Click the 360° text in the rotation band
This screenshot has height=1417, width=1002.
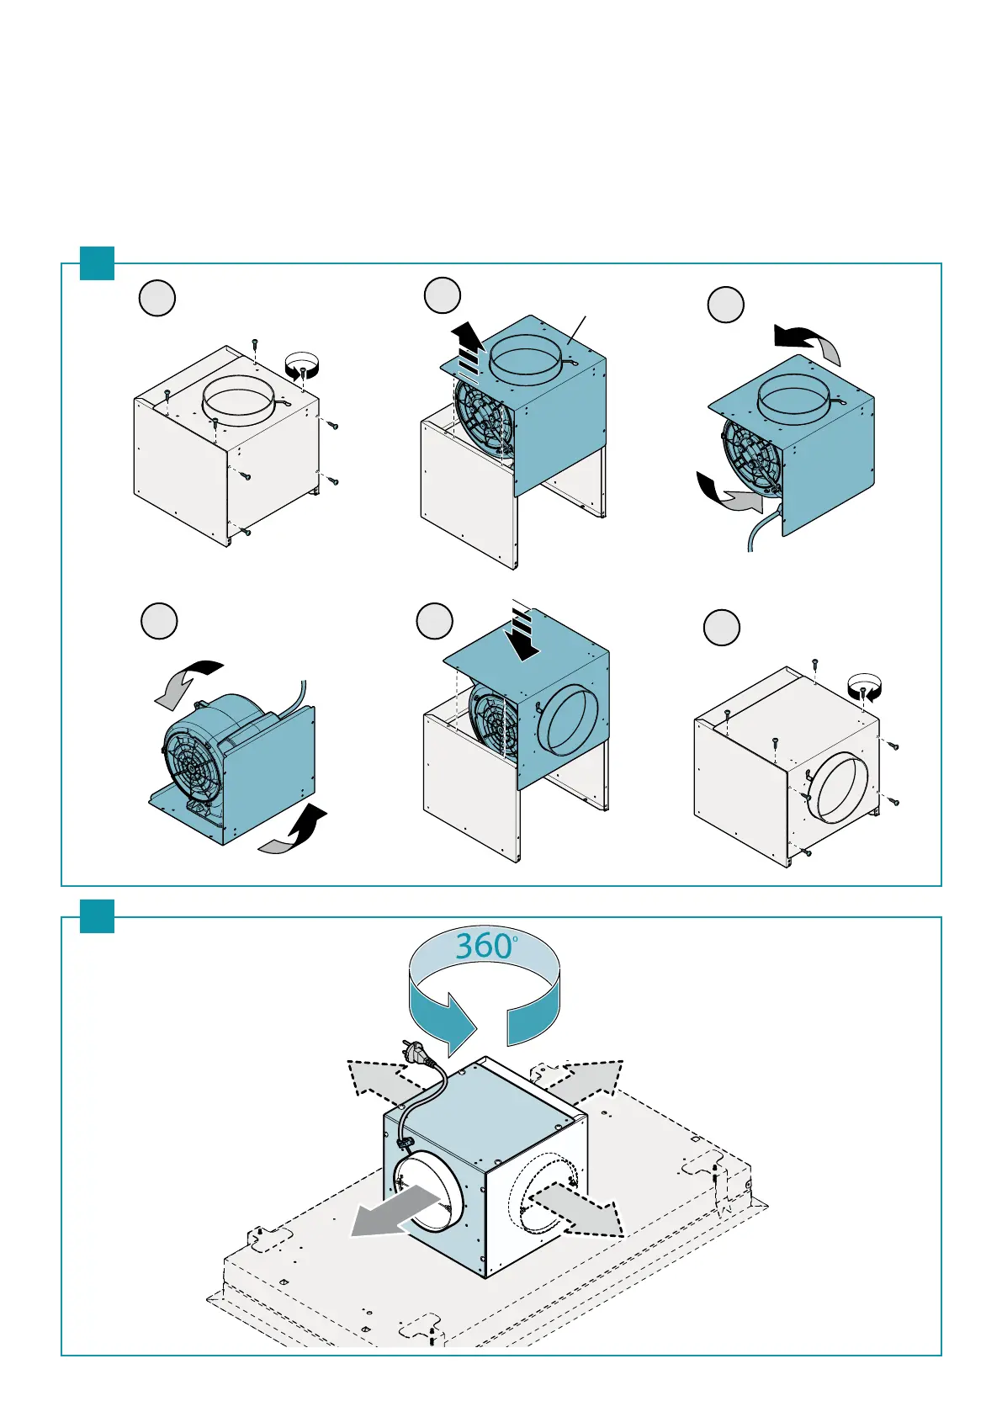485,947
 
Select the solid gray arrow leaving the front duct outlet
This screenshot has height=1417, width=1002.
395,1210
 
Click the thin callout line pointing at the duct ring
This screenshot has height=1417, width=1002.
577,330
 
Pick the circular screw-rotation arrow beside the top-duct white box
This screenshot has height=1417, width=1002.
302,366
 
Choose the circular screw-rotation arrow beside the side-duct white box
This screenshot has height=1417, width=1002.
864,687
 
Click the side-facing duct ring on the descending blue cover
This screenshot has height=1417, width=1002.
567,720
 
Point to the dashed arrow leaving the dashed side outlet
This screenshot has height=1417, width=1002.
576,1210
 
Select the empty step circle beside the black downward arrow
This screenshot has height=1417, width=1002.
435,621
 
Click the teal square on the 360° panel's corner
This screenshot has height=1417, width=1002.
97,916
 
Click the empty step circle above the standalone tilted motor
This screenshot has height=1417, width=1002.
159,621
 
